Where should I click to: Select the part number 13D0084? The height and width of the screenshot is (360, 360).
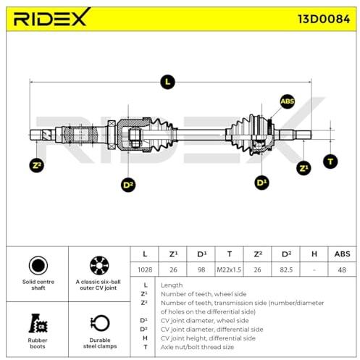[x=324, y=19]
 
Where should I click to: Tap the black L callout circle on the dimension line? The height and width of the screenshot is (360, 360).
[x=167, y=82]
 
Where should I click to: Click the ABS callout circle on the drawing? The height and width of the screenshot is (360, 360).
[x=287, y=101]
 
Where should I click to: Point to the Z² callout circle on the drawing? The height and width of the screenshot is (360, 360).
[x=36, y=165]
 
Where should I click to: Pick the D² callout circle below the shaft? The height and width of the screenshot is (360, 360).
[x=128, y=185]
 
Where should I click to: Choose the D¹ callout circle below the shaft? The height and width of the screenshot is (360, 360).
[x=261, y=183]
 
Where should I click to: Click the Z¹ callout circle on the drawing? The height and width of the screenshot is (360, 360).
[x=304, y=168]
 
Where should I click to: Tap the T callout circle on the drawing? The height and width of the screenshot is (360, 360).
[x=330, y=162]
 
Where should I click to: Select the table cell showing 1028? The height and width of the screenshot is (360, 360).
[x=145, y=269]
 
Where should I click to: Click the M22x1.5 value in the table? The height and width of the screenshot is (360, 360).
[x=229, y=269]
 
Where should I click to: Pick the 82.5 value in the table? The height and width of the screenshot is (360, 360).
[x=286, y=269]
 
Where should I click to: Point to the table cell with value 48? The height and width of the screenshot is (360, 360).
[x=342, y=269]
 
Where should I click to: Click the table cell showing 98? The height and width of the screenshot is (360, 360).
[x=201, y=269]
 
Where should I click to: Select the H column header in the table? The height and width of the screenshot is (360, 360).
[x=314, y=254]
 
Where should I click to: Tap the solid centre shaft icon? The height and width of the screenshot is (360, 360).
[x=38, y=265]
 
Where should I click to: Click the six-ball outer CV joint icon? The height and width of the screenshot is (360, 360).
[x=99, y=265]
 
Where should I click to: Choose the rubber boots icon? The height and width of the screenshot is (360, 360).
[x=38, y=323]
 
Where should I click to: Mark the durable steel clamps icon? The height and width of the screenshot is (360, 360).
[x=100, y=323]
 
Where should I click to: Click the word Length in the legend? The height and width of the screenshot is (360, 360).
[x=172, y=285]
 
